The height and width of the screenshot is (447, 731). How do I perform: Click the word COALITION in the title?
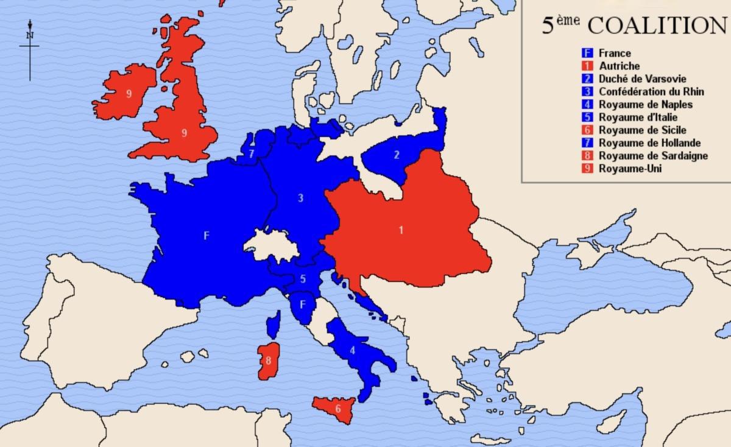pyautogui.click(x=659, y=26)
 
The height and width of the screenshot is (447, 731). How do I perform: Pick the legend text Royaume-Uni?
pyautogui.click(x=630, y=169)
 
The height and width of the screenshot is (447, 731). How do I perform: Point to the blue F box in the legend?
pyautogui.click(x=588, y=54)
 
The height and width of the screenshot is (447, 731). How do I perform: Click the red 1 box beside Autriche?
pyautogui.click(x=588, y=66)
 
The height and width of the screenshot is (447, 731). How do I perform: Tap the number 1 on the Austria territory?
pyautogui.click(x=400, y=230)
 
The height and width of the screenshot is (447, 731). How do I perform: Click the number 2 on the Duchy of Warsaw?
pyautogui.click(x=397, y=155)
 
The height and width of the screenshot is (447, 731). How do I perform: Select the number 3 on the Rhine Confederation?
pyautogui.click(x=300, y=198)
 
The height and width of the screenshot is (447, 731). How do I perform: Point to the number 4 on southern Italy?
pyautogui.click(x=352, y=350)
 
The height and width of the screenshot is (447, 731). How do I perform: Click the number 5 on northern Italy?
pyautogui.click(x=303, y=280)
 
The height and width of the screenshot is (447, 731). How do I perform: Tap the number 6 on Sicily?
pyautogui.click(x=338, y=409)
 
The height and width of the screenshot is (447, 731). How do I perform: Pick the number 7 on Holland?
pyautogui.click(x=252, y=153)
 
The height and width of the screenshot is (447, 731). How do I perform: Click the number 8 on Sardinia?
pyautogui.click(x=268, y=360)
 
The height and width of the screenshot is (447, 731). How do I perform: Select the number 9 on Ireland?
pyautogui.click(x=129, y=94)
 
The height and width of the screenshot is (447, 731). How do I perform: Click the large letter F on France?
pyautogui.click(x=206, y=236)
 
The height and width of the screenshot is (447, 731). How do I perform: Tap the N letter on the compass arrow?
pyautogui.click(x=29, y=35)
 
